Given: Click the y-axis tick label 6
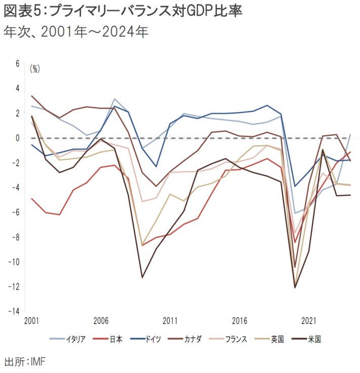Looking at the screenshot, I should click(x=17, y=64).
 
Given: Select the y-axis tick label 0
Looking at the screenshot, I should click(x=17, y=138).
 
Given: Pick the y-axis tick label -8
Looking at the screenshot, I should click(x=16, y=237).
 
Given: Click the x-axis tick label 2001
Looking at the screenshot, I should click(x=31, y=321).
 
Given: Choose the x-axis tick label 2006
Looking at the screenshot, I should click(x=100, y=321).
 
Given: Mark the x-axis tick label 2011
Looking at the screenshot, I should click(x=170, y=321).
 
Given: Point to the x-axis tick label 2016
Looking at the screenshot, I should click(x=239, y=321).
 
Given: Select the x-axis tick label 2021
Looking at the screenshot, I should click(x=309, y=321).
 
